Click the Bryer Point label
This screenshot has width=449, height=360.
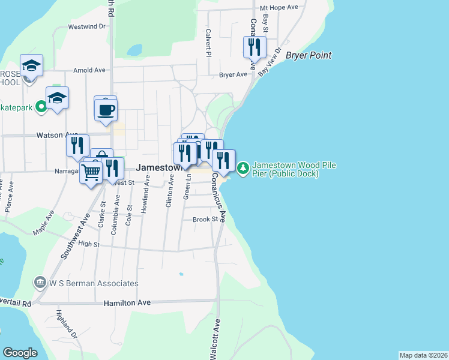pyautogui.click(x=309, y=56)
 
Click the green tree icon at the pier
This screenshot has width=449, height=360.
pyautogui.click(x=243, y=168)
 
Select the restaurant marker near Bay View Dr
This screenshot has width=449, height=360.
pyautogui.click(x=255, y=47)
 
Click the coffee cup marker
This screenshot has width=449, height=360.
pyautogui.click(x=106, y=110)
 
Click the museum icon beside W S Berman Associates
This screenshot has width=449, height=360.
pyautogui.click(x=40, y=282)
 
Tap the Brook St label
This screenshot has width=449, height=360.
pyautogui.click(x=205, y=220)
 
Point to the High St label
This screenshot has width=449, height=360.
pyautogui.click(x=88, y=244)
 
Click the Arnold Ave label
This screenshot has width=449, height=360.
pyautogui.click(x=89, y=70)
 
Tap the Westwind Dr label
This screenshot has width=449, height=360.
pyautogui.click(x=86, y=26)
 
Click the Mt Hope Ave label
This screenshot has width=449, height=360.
pyautogui.click(x=279, y=8)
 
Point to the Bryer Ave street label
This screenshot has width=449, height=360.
pyautogui.click(x=233, y=75)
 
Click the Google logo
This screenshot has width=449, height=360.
pyautogui.click(x=20, y=353)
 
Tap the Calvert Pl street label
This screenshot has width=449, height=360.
pyautogui.click(x=208, y=43)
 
